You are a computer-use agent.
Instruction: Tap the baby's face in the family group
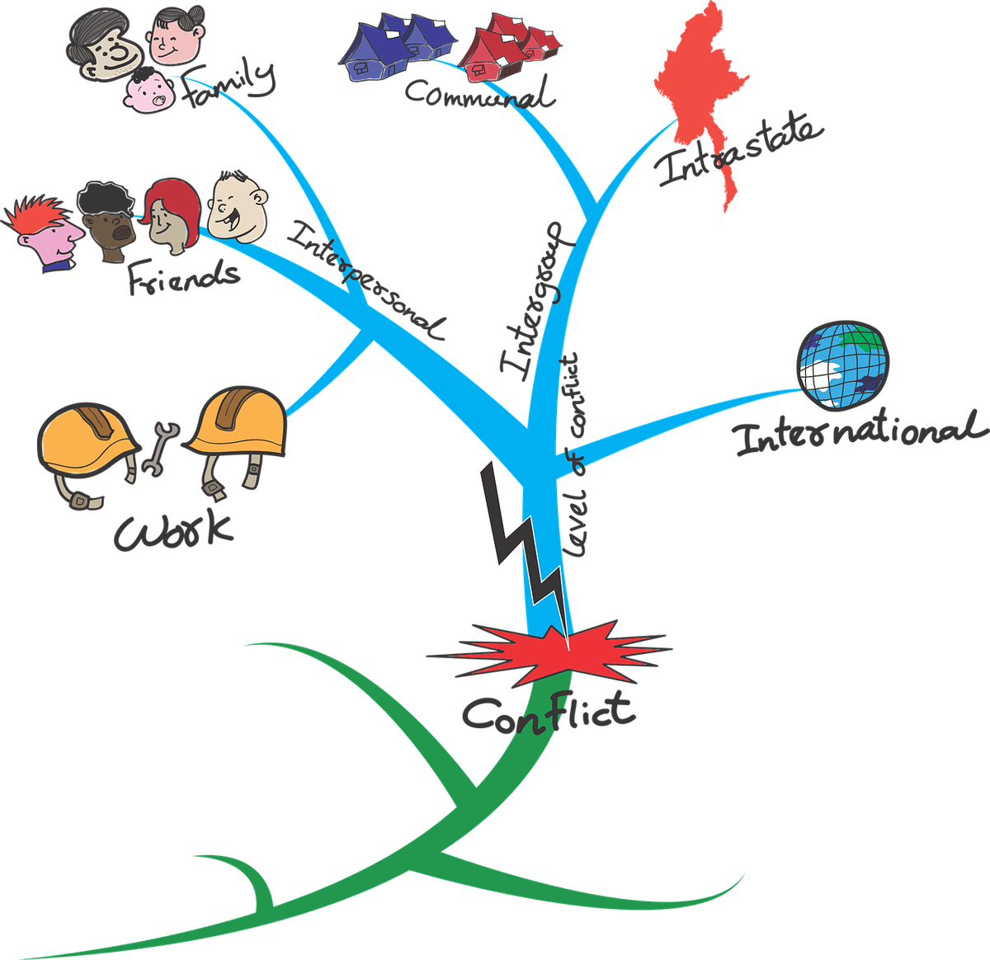pyautogui.click(x=148, y=91)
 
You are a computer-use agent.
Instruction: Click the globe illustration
pyautogui.click(x=843, y=365)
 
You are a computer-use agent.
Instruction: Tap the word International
pyautogui.click(x=860, y=432)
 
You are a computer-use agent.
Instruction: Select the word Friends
pyautogui.click(x=183, y=276)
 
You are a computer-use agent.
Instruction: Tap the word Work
pyautogui.click(x=173, y=532)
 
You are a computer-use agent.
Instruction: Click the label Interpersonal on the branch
pyautogui.click(x=365, y=280)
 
